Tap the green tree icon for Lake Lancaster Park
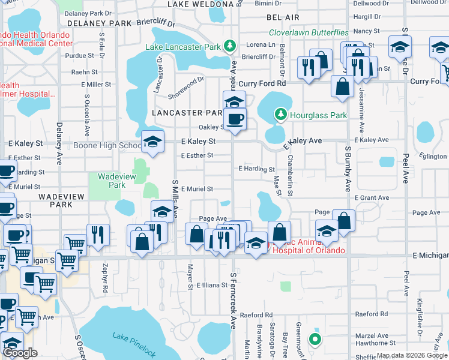click(x=229, y=46)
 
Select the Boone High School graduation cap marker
click(x=153, y=142)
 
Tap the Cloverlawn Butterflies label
click(x=309, y=32)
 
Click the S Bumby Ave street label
click(x=348, y=168)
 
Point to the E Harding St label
click(x=256, y=169)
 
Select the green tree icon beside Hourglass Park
click(x=280, y=113)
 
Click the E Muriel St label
click(x=197, y=189)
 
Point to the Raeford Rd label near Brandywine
click(x=256, y=315)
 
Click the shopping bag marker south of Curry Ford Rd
click(x=342, y=86)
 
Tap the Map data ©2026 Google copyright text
click(x=411, y=355)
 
